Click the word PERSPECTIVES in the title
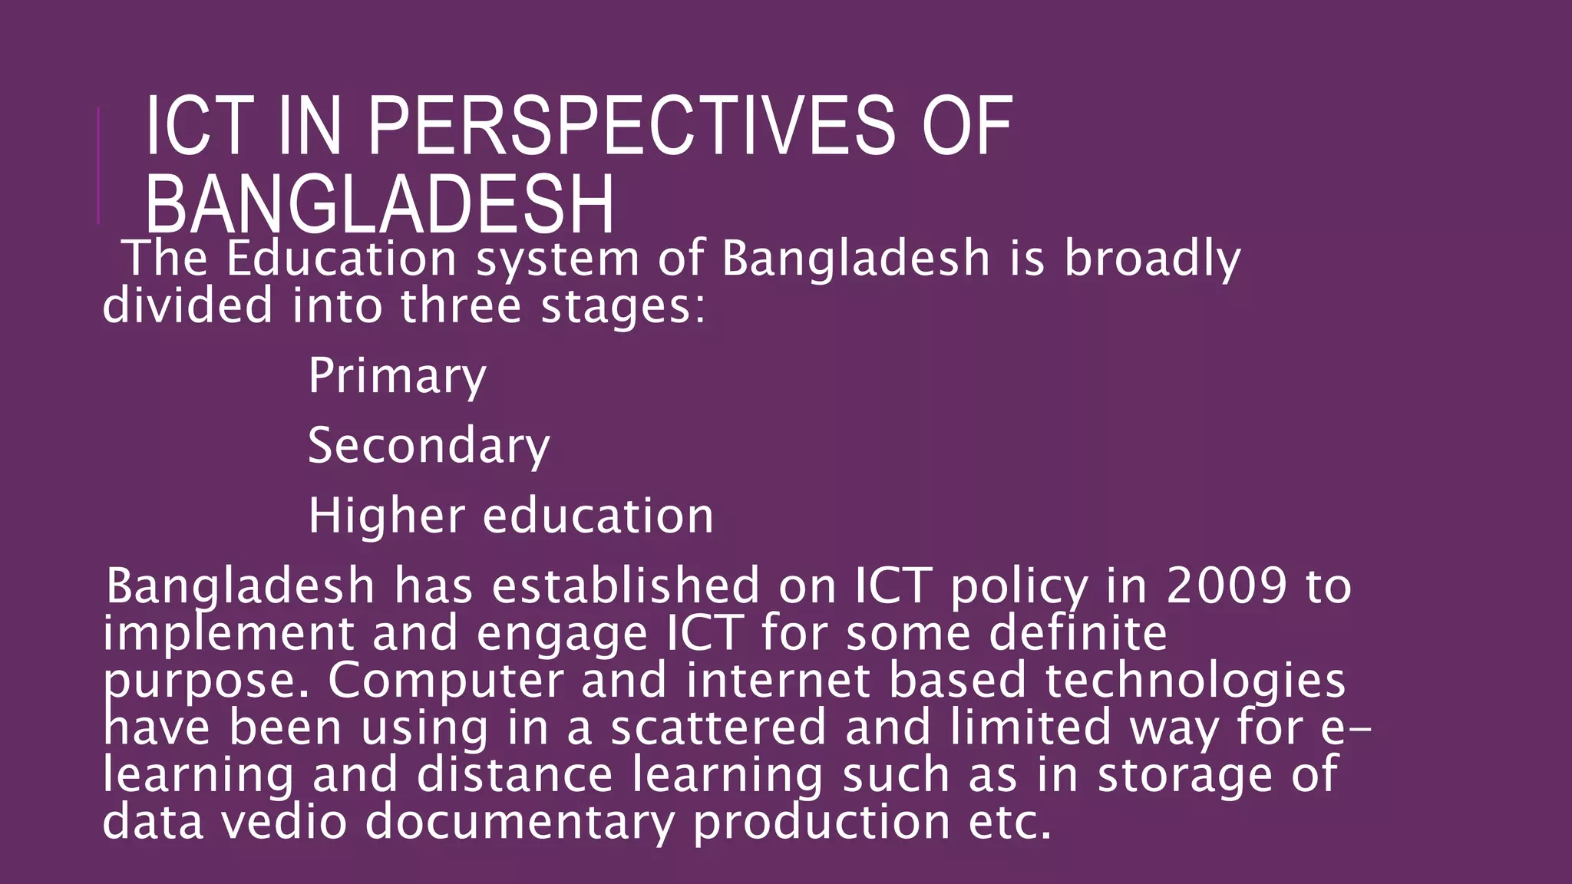[631, 127]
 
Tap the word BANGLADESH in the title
[379, 205]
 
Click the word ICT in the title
[199, 127]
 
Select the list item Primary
[397, 376]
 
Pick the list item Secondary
[428, 446]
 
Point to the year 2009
[1226, 586]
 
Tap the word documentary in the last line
[520, 822]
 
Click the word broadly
[1151, 259]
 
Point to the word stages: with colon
[623, 307]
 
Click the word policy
[1019, 588]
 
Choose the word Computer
[445, 681]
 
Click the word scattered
[718, 727]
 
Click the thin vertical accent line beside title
[99, 166]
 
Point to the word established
[626, 586]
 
